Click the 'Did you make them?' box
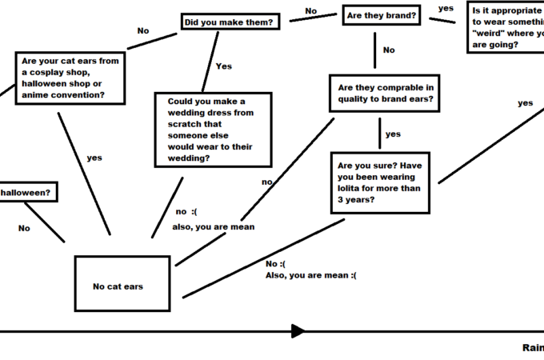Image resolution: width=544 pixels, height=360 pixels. [230, 22]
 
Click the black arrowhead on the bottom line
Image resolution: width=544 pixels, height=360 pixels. [298, 331]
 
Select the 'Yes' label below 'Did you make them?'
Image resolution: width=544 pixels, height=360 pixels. [223, 66]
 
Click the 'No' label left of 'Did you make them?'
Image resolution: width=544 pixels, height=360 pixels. [143, 30]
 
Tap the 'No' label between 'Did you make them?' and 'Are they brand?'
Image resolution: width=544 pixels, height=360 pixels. [310, 11]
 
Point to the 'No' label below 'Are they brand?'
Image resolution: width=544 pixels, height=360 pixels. [389, 50]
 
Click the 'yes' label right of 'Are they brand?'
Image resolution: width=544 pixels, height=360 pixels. [446, 8]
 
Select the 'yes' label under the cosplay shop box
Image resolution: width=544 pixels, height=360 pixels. [94, 158]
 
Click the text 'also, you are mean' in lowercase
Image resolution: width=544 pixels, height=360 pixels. [214, 227]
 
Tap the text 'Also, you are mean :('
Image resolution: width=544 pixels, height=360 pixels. [311, 275]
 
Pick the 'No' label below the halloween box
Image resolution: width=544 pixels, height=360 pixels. [24, 228]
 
